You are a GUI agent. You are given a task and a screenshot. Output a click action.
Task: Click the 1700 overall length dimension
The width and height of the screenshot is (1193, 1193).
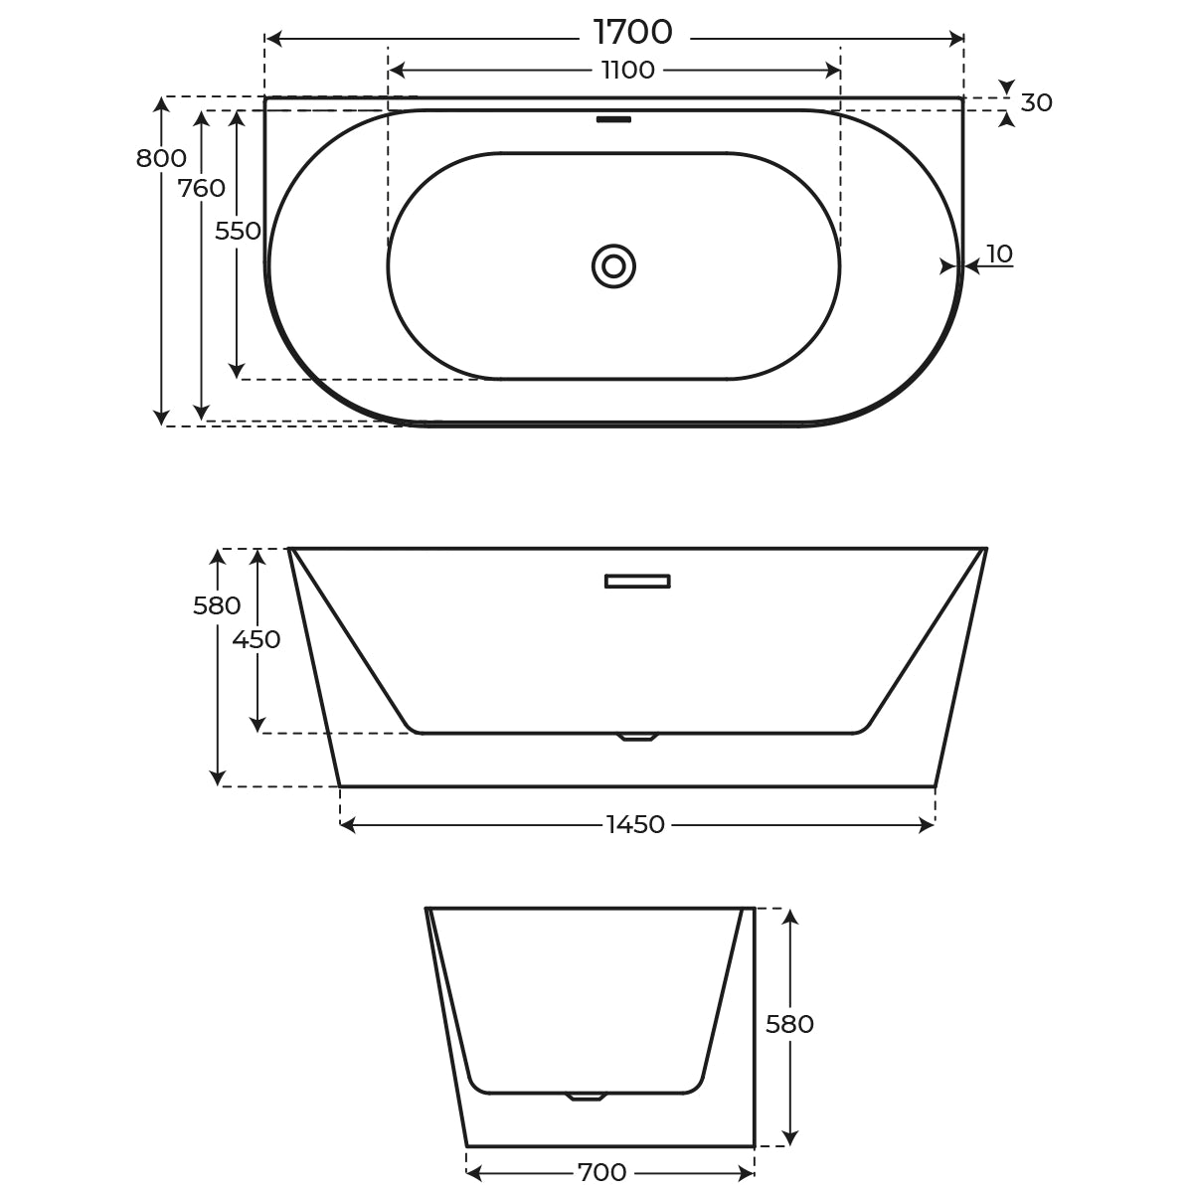point(633,33)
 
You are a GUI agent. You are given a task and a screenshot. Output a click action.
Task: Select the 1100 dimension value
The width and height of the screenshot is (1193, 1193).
point(628,71)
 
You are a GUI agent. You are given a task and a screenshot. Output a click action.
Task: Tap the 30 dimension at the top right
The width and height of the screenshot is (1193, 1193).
point(1036,103)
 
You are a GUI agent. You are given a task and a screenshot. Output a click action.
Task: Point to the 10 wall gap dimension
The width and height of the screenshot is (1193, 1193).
point(1000,255)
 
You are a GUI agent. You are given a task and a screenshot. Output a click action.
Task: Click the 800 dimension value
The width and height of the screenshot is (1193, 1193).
point(161,158)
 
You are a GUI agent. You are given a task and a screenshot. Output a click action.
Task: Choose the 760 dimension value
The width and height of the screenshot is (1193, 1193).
point(202,188)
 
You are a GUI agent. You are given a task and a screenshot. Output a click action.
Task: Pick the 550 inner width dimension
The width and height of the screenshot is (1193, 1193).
point(238,231)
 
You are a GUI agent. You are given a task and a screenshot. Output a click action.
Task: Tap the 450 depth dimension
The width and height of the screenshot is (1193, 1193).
point(256,639)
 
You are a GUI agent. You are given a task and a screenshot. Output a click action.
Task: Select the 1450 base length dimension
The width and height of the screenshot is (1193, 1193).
point(635,825)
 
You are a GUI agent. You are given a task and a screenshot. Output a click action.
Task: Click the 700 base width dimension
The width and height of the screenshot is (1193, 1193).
point(602,1173)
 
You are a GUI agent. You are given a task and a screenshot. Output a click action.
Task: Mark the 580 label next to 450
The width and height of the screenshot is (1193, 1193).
point(217,605)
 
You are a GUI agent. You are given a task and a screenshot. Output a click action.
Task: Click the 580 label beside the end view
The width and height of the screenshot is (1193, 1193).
point(790,1024)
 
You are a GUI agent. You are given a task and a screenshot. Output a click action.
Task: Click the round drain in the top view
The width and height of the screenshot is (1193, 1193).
point(613,266)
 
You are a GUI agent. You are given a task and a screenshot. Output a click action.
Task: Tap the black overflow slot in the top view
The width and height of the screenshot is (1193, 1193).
point(613,119)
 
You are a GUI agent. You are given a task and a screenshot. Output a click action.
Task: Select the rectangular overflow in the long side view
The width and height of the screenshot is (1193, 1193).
point(637,581)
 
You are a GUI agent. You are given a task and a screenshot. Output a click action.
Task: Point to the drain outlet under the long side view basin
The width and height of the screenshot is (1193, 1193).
point(637,737)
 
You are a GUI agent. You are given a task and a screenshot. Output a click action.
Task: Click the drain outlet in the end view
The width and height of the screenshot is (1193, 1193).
point(586,1097)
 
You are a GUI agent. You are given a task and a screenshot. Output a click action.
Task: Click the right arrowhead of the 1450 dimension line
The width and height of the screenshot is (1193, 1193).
point(928,825)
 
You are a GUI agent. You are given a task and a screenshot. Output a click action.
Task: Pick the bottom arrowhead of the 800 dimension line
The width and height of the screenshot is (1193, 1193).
point(161,419)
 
